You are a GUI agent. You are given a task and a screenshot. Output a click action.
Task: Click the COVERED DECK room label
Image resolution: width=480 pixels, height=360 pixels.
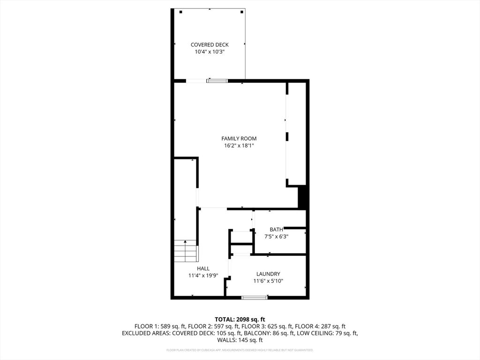coord(210,45)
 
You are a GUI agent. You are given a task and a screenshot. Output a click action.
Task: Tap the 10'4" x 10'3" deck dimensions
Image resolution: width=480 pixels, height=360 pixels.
coord(210,52)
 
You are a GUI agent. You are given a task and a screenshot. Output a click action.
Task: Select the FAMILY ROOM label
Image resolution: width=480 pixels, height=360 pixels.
coord(239,138)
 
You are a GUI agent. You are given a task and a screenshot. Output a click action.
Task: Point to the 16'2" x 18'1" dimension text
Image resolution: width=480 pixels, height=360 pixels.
coord(239,146)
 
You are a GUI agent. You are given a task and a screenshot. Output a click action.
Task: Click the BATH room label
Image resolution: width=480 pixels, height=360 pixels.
coord(276,229)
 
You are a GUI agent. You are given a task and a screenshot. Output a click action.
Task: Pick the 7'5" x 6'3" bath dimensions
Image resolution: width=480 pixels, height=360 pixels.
coord(276,237)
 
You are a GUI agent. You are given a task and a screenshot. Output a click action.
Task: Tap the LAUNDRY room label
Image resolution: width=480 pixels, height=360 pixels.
coord(268,274)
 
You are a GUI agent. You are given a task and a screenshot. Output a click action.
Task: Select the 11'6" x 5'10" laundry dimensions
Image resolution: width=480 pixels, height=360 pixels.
coord(268,281)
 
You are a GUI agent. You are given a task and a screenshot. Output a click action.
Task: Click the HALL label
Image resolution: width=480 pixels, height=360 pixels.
coord(203,269)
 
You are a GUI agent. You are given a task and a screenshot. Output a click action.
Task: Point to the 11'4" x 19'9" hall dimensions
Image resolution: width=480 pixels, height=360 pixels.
coord(203,276)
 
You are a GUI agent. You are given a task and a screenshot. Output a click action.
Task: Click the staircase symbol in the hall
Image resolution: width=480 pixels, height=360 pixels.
coord(186,251)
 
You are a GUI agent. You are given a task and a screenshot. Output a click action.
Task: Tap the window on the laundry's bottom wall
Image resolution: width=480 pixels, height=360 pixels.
coord(255,297)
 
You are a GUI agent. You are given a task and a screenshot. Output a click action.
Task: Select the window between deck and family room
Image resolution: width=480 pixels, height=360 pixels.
coord(217,81)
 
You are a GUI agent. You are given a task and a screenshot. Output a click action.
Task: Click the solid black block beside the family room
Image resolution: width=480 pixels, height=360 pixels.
coord(303,197)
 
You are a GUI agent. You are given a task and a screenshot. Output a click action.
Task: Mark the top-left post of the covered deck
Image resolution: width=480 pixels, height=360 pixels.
coord(180,12)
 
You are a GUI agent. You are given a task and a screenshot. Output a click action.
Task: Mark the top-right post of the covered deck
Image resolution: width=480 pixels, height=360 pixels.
coord(242,12)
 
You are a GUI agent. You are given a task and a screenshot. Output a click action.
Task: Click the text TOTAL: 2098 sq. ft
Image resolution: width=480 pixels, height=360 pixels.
coord(240,319)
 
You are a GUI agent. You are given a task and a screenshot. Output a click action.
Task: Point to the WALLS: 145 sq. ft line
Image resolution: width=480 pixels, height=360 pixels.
coord(240,340)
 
